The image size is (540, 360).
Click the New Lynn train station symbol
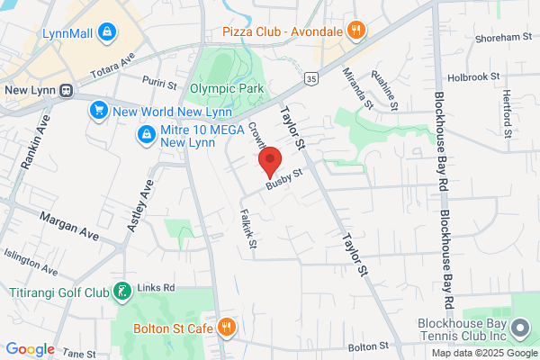click(x=66, y=90)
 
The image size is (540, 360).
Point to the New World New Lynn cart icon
click(x=98, y=111)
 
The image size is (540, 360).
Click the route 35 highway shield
click(x=310, y=79)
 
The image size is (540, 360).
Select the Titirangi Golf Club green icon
click(x=121, y=292)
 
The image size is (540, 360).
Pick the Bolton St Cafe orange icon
click(x=227, y=327)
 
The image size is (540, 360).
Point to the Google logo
click(x=31, y=349)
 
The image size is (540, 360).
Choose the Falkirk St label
click(x=247, y=229)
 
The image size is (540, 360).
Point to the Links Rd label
click(x=157, y=289)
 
